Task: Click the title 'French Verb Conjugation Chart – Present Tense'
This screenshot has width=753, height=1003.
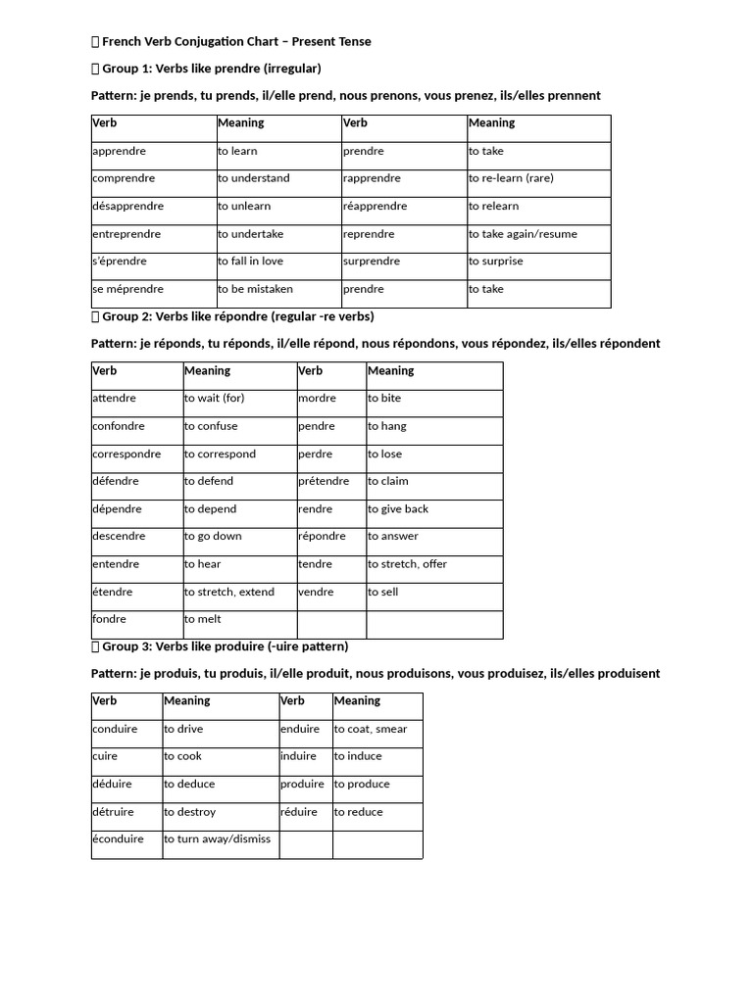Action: tap(236, 41)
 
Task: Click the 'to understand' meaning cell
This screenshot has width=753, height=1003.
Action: tap(254, 179)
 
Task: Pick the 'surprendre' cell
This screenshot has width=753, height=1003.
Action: tap(372, 262)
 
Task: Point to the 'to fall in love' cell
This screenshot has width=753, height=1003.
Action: tap(250, 262)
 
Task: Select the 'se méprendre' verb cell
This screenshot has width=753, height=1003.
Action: tap(127, 290)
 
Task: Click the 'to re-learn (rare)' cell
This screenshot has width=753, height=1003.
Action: tap(511, 179)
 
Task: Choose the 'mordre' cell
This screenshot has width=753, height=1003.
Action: tap(317, 399)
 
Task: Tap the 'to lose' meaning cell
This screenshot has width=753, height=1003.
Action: tap(385, 454)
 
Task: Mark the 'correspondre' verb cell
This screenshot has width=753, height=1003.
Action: tap(126, 454)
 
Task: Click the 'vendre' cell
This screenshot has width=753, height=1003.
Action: tap(317, 593)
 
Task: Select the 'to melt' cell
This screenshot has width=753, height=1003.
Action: tap(203, 620)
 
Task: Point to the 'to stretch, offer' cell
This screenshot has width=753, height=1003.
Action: tap(407, 564)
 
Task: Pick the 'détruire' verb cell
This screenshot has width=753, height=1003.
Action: tap(113, 812)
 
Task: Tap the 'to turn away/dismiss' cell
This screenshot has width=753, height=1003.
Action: tap(217, 839)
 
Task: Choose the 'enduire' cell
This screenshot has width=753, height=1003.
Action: tap(300, 730)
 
